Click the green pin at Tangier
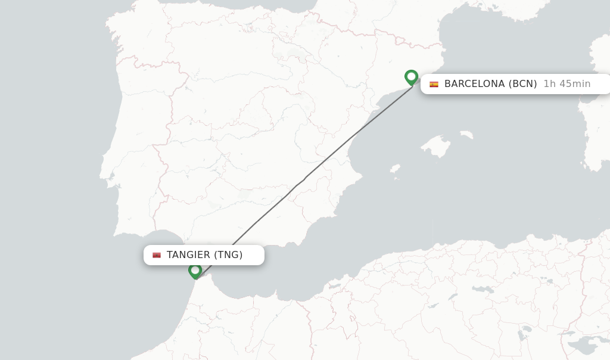[x=195, y=271]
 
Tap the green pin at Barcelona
[x=411, y=77]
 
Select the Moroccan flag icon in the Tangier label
[x=157, y=255]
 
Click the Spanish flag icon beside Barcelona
[x=434, y=84]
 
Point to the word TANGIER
[x=188, y=255]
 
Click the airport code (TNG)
[x=228, y=255]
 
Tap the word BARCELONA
[x=474, y=84]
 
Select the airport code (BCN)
[x=523, y=84]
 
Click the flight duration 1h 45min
[x=567, y=84]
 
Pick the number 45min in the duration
[x=575, y=84]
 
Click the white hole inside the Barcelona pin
[x=411, y=76]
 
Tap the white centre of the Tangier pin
[x=195, y=269]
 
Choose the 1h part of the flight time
[x=549, y=84]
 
